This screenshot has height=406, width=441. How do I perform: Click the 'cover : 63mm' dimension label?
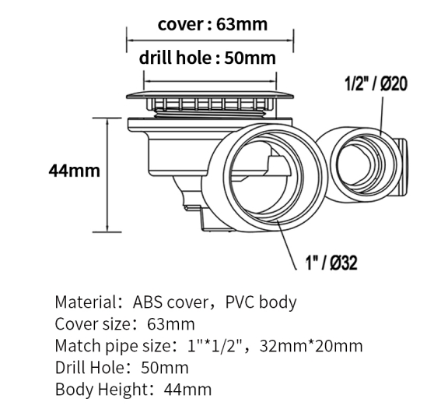tap(212, 24)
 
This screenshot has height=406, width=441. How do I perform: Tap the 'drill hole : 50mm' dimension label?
tap(208, 58)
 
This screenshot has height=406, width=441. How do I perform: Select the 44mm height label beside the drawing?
tap(74, 171)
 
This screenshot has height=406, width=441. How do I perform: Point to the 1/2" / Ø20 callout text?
tap(376, 83)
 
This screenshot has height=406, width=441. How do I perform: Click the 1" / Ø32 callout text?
tap(331, 263)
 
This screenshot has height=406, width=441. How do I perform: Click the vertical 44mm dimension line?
tap(107, 175)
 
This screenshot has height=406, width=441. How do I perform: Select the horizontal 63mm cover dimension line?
tap(210, 41)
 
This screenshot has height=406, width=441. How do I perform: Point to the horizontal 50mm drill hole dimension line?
tap(210, 82)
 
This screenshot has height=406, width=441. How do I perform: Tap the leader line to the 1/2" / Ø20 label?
tap(381, 116)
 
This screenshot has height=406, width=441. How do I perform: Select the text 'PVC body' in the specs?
tap(261, 302)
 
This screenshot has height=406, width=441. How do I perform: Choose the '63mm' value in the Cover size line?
tap(170, 324)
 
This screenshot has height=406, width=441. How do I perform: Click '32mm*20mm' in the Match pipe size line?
tap(311, 346)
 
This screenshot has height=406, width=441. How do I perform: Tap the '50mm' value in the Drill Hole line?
tap(165, 368)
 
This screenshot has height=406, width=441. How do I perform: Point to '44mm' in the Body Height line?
tap(187, 390)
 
